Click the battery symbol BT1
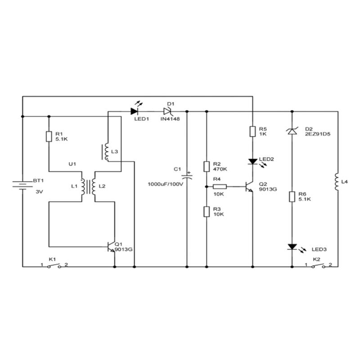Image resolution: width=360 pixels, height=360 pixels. [x=22, y=186]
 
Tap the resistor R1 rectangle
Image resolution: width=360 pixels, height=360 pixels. [x=49, y=136]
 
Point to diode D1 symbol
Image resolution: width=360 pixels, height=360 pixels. [x=168, y=111]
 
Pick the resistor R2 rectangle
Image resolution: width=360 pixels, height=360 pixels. [x=206, y=166]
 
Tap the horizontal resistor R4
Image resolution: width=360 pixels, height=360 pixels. [x=219, y=186]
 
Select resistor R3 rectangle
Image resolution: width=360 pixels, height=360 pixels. [x=206, y=211]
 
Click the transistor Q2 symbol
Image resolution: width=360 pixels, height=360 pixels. [x=249, y=187]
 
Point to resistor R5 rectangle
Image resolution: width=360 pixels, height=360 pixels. [x=253, y=131]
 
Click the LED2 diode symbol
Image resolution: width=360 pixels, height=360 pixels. [x=253, y=161]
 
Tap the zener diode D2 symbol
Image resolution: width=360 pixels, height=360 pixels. [x=292, y=131]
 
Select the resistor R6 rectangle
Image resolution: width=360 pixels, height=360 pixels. [x=292, y=196]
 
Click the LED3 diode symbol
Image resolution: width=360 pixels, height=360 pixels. [x=292, y=247]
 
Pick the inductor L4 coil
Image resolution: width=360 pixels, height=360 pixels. [x=337, y=182]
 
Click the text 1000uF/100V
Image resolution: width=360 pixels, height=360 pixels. [x=166, y=184]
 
